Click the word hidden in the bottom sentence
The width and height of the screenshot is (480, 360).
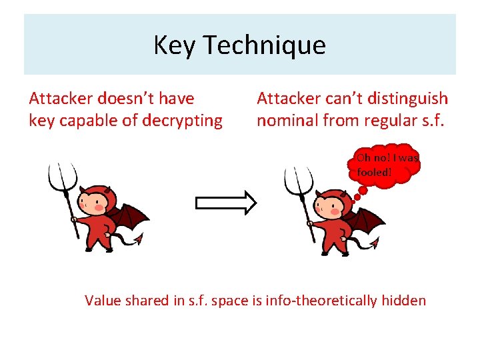[403, 300]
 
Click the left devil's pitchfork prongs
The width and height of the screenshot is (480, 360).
[61, 175]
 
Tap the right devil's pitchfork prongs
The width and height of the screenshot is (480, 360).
[297, 178]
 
